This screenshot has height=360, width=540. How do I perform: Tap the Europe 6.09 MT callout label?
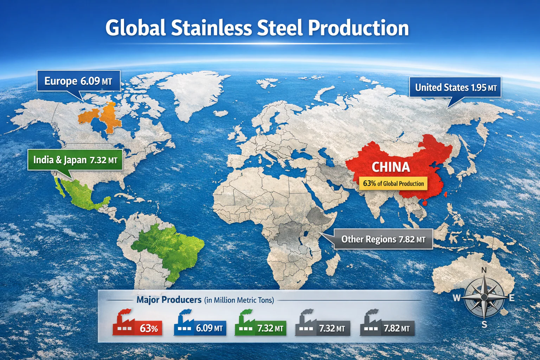pos(78,81)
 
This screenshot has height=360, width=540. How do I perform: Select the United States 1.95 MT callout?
pos(455,87)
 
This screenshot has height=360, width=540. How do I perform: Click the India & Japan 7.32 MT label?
pos(75,160)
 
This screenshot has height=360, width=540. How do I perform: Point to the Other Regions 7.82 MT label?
pos(383,239)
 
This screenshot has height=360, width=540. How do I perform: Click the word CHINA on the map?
pos(391,167)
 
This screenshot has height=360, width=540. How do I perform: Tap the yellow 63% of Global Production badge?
pos(393,184)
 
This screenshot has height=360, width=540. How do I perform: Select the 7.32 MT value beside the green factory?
pos(270,328)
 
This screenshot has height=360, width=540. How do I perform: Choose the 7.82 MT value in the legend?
pos(397,328)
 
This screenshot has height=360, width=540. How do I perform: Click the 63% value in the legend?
pos(149,328)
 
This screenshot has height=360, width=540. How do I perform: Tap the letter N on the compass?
pos(484,270)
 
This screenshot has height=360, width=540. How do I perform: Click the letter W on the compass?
pos(456,298)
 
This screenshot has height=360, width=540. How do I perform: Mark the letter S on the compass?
pos(484,324)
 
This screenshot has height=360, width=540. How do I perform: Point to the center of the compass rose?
pos(484,297)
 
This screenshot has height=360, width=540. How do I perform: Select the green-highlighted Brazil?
pos(169,246)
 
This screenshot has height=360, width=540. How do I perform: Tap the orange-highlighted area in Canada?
pos(102,116)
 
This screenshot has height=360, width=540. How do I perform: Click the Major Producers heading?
pos(169,300)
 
